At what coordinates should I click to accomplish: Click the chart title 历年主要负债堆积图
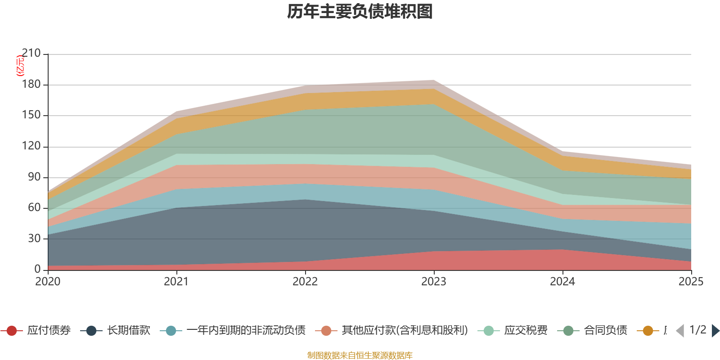[x=360, y=12]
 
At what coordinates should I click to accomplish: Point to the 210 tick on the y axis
[x=31, y=54]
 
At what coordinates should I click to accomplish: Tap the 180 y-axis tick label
[x=31, y=85]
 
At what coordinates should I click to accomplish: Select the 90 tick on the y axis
[x=34, y=177]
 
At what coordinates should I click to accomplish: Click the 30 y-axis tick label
[x=34, y=238]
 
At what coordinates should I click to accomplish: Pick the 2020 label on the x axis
[x=48, y=282]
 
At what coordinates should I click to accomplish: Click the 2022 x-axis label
[x=305, y=282]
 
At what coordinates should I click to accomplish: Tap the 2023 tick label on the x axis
[x=434, y=282]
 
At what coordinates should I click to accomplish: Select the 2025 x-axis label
[x=691, y=282]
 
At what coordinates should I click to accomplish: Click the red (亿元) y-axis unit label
[x=20, y=66]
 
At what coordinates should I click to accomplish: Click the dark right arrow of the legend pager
[x=715, y=331]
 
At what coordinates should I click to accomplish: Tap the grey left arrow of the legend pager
[x=680, y=331]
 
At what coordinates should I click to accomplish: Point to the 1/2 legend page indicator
[x=697, y=330]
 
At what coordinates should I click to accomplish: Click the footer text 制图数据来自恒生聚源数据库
[x=360, y=355]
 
